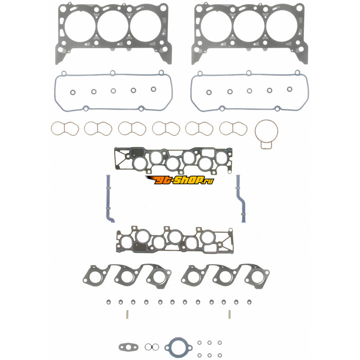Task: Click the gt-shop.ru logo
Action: pyautogui.click(x=180, y=180)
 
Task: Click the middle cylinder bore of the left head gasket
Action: pyautogui.click(x=113, y=26)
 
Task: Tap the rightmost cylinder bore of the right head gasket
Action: pyautogui.click(x=282, y=26)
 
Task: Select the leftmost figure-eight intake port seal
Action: pyautogui.click(x=52, y=129)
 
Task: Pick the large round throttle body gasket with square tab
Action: pyautogui.click(x=255, y=131)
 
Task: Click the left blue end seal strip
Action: pyautogui.click(x=108, y=198)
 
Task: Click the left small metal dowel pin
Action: pyautogui.click(x=127, y=314)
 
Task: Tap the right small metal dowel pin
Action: pyautogui.click(x=229, y=314)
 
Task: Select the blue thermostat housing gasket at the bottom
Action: pyautogui.click(x=166, y=347)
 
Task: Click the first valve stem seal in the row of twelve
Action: pyautogui.click(x=108, y=302)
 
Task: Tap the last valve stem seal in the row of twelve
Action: pyautogui.click(x=249, y=302)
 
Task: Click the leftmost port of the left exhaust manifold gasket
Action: pyautogui.click(x=90, y=277)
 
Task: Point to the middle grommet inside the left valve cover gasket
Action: pyautogui.click(x=113, y=91)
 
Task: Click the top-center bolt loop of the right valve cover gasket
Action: pyautogui.click(x=249, y=73)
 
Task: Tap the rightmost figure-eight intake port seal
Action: pyautogui.click(x=220, y=129)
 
